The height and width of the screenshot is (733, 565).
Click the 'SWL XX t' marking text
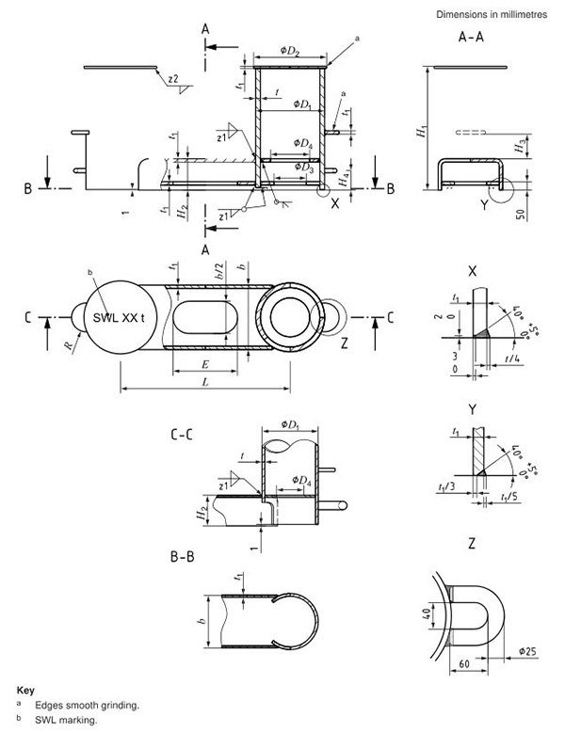point(120,316)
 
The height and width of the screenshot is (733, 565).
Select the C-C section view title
point(185,437)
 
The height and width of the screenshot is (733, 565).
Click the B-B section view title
point(185,558)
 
